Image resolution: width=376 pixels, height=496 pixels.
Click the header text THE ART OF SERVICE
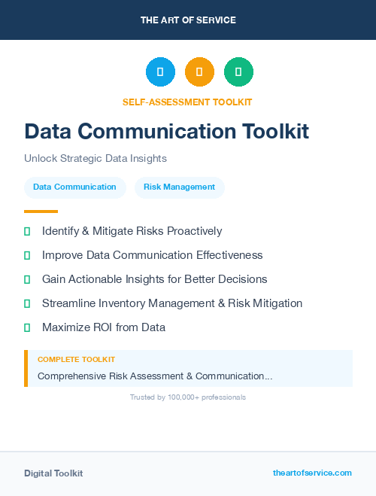[x=188, y=20]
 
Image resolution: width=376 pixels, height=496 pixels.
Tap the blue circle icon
[x=160, y=72]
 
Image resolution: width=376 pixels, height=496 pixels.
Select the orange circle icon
[x=199, y=72]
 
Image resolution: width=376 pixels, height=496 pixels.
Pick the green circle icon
[x=238, y=72]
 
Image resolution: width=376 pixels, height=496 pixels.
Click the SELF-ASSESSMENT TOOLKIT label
[x=188, y=102]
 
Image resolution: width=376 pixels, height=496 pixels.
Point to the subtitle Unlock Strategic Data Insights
[x=95, y=159]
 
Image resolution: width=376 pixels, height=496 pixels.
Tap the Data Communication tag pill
[x=74, y=187]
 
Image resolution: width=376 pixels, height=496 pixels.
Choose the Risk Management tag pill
[x=179, y=187]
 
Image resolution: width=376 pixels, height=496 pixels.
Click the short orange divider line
[x=41, y=211]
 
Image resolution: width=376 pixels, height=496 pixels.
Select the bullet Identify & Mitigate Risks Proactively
[x=132, y=231]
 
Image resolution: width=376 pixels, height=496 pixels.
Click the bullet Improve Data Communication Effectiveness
[x=152, y=255]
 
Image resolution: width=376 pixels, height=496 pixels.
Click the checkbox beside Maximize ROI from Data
[x=27, y=327]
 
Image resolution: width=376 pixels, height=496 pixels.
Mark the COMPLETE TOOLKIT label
[x=76, y=360]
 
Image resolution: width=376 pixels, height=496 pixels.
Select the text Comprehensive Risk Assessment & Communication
[x=154, y=376]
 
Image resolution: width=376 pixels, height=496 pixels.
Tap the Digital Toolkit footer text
[x=53, y=473]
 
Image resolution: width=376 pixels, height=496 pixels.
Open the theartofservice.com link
[x=312, y=473]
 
